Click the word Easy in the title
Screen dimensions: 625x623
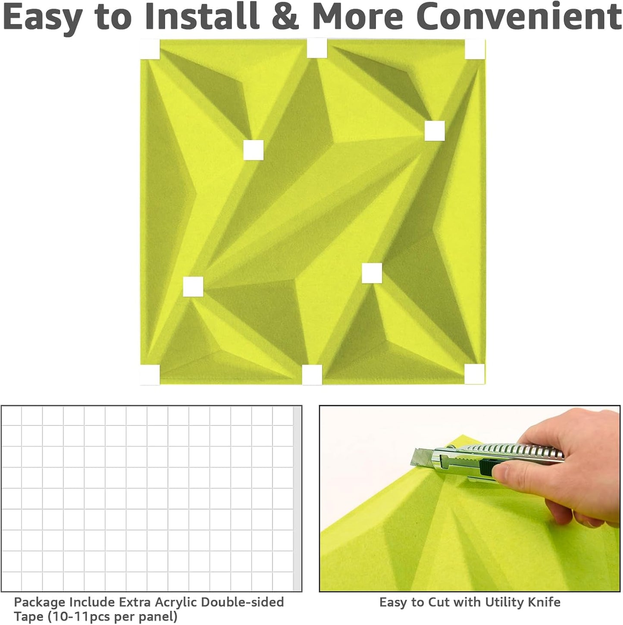(x=41, y=17)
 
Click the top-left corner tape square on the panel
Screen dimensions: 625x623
(x=150, y=49)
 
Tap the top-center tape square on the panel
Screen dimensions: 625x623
(x=317, y=48)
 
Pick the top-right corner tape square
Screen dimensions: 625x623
(x=475, y=49)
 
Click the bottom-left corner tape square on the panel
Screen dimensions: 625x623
(x=150, y=374)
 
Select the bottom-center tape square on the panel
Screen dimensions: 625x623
(x=312, y=375)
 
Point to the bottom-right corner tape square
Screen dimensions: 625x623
(x=474, y=374)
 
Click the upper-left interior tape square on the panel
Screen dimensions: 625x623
(x=253, y=150)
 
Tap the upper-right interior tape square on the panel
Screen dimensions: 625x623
(x=435, y=131)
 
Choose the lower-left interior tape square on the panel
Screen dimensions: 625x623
(x=193, y=287)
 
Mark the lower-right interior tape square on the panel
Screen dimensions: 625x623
(x=372, y=273)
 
